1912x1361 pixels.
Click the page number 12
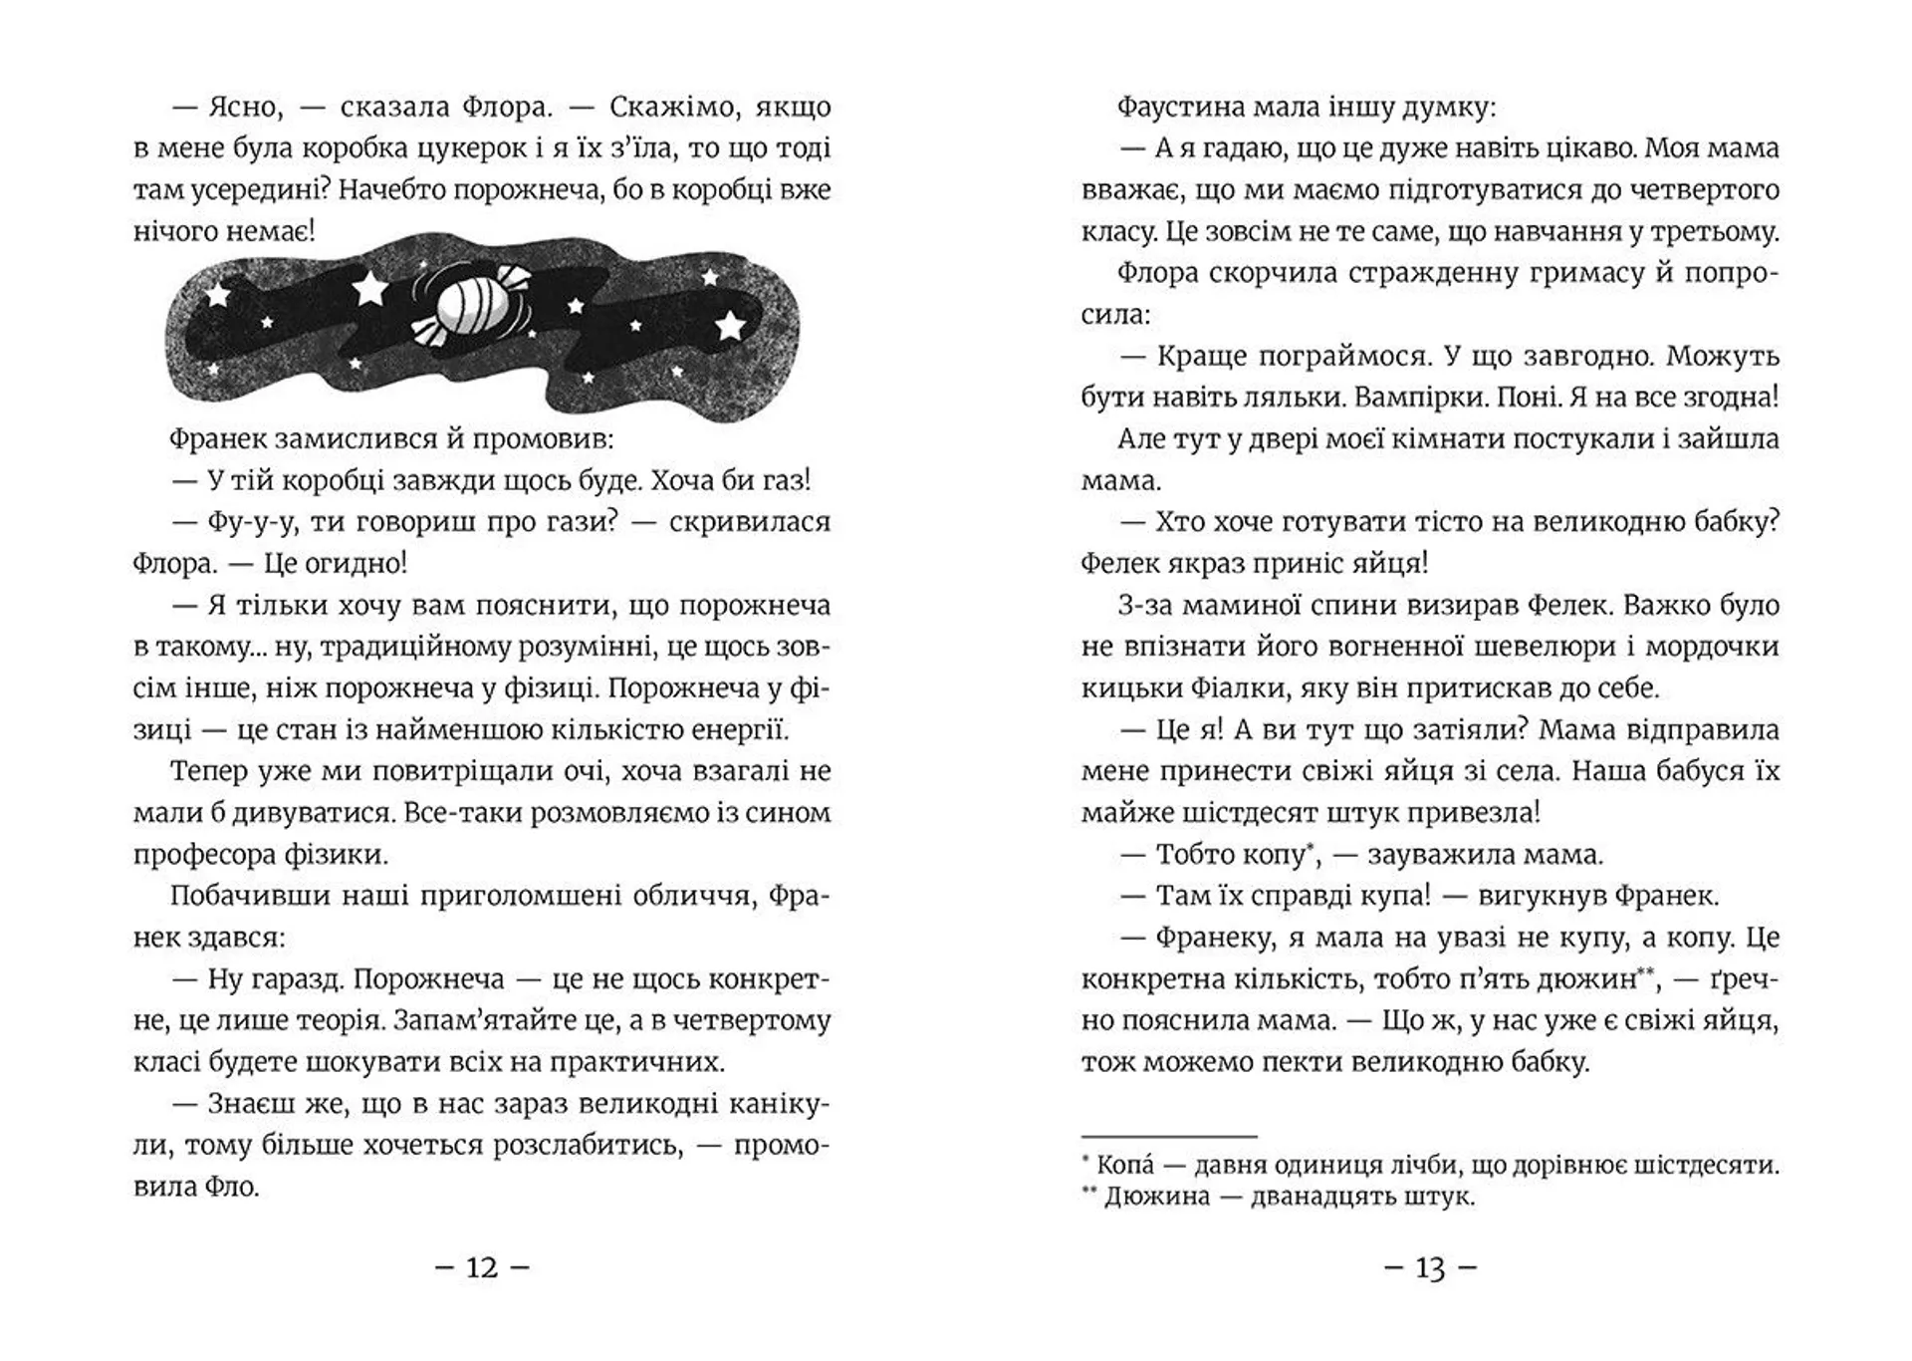click(482, 1267)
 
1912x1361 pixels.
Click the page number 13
click(1430, 1268)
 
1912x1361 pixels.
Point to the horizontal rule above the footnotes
click(1169, 1136)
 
